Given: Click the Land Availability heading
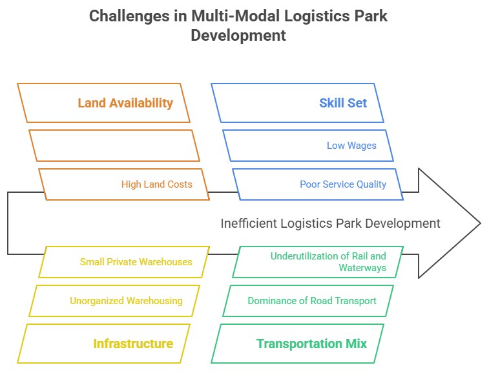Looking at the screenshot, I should (125, 103).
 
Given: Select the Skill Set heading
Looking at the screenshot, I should (343, 103).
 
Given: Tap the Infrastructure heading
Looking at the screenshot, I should (133, 344).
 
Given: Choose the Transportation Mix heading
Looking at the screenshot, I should (311, 344).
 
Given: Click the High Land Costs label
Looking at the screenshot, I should (157, 184).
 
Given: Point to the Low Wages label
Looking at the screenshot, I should (351, 146).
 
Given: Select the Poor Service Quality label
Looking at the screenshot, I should (343, 184).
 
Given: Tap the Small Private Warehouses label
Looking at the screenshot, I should (136, 262).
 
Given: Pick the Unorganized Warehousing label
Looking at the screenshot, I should (126, 301).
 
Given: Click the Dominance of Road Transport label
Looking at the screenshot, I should (312, 301).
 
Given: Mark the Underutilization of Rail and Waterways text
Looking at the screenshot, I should (328, 261).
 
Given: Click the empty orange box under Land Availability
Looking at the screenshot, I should (114, 146).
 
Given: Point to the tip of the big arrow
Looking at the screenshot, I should (479, 223).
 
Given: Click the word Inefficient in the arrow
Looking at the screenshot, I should (245, 223).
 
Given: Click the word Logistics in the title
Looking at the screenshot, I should (311, 16).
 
